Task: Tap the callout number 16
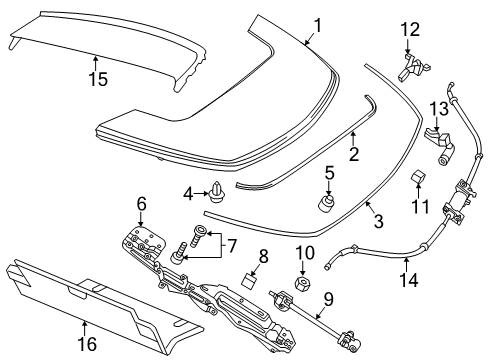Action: [85, 340]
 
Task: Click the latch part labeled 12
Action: [409, 68]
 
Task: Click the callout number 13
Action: [436, 108]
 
